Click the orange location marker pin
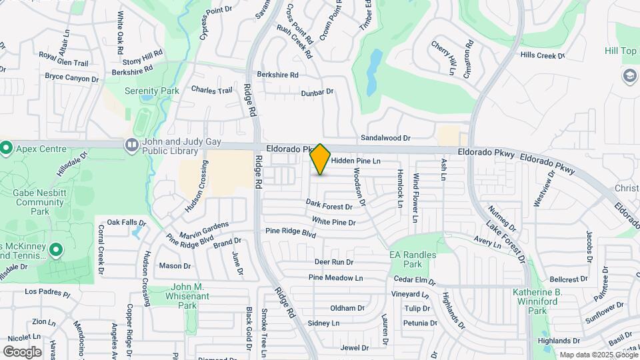tap(320, 159)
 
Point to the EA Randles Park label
tap(413, 259)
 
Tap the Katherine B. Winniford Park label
tap(537, 301)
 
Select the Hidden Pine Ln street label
tap(355, 161)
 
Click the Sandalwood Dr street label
tap(385, 138)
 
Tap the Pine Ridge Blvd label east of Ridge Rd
tap(290, 232)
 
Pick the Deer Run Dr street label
tap(333, 262)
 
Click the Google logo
tap(22, 351)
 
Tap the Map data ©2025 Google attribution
tap(598, 355)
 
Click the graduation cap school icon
tap(629, 76)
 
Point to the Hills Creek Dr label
tap(542, 56)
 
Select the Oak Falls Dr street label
tap(126, 222)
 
